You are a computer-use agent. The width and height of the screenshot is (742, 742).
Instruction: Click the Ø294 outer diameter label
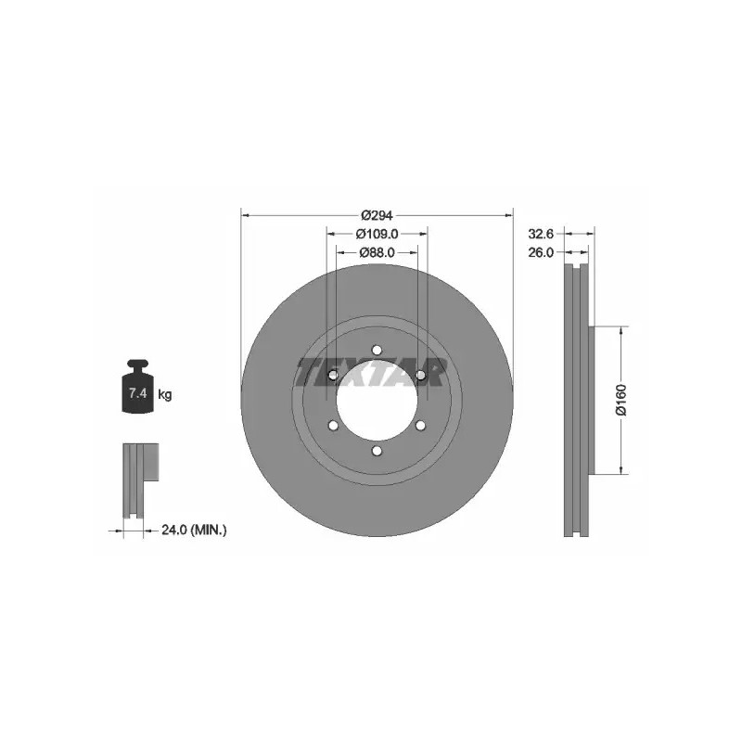click(x=377, y=216)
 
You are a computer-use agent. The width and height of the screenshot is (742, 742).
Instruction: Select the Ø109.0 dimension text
click(x=377, y=234)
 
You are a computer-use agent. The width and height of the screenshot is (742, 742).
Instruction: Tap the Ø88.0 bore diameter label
click(x=377, y=252)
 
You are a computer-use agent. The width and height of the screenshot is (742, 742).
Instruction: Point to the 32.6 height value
click(x=541, y=234)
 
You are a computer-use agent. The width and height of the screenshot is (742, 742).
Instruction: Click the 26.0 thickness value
click(x=541, y=252)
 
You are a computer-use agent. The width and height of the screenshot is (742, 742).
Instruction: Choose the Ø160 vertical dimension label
click(x=620, y=400)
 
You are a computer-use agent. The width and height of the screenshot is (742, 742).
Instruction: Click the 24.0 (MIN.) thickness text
click(x=194, y=530)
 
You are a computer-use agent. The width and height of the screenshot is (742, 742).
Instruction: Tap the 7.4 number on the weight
click(x=137, y=392)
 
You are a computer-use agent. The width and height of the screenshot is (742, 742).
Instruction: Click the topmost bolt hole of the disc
click(x=377, y=350)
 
